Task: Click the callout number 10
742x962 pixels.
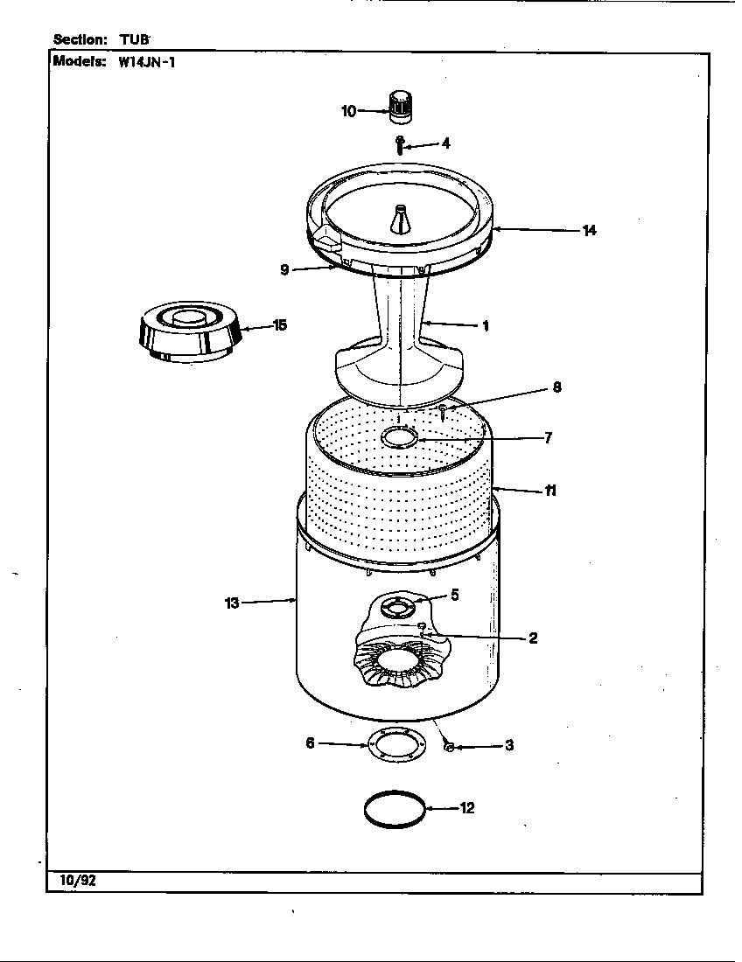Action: click(x=348, y=111)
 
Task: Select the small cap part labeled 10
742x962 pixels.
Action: click(x=400, y=108)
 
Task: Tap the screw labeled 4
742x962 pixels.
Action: click(x=400, y=144)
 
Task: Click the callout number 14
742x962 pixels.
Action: click(x=589, y=230)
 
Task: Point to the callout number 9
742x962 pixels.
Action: click(x=284, y=270)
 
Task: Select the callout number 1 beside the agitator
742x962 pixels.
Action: click(x=485, y=326)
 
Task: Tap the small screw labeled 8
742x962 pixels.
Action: click(x=444, y=409)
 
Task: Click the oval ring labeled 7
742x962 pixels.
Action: click(x=399, y=438)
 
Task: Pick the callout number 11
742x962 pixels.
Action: click(x=550, y=491)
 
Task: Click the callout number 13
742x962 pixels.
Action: click(x=231, y=603)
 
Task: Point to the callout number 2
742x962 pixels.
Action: click(x=533, y=638)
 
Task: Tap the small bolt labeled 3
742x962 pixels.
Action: click(x=448, y=745)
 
